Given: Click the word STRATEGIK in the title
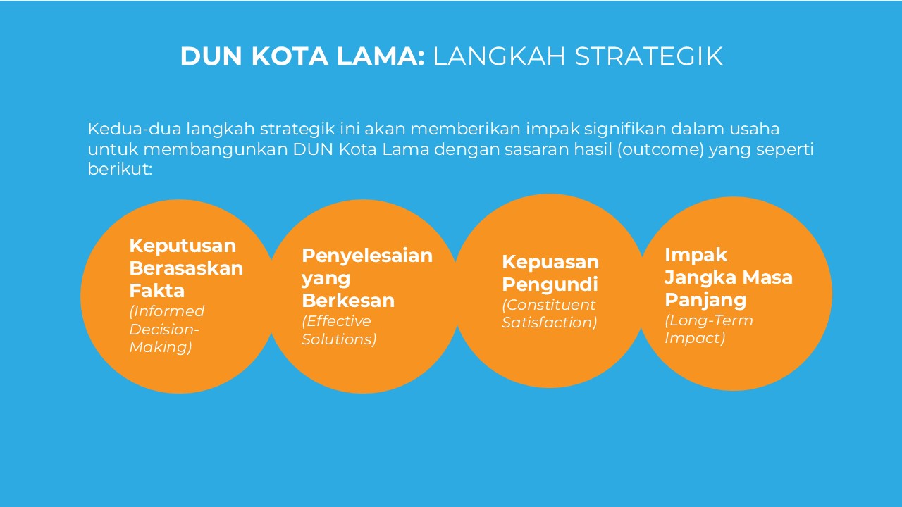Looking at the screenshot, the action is [649, 56].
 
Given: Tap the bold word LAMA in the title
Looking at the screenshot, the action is [381, 56].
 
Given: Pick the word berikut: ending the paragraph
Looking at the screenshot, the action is [120, 169].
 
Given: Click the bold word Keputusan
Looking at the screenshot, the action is [183, 246].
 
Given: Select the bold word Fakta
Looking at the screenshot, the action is [156, 291].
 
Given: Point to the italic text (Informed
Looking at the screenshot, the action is [167, 311].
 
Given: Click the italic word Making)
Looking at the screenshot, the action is [161, 347].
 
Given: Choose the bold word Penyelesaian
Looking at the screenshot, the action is [367, 256].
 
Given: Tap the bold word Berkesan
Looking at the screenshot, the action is [348, 301].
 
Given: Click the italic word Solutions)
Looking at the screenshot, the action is [339, 339].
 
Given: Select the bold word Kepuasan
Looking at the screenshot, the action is [550, 263].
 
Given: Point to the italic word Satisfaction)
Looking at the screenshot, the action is [550, 323].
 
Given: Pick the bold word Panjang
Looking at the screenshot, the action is [705, 301].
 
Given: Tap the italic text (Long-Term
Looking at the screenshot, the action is [709, 320].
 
